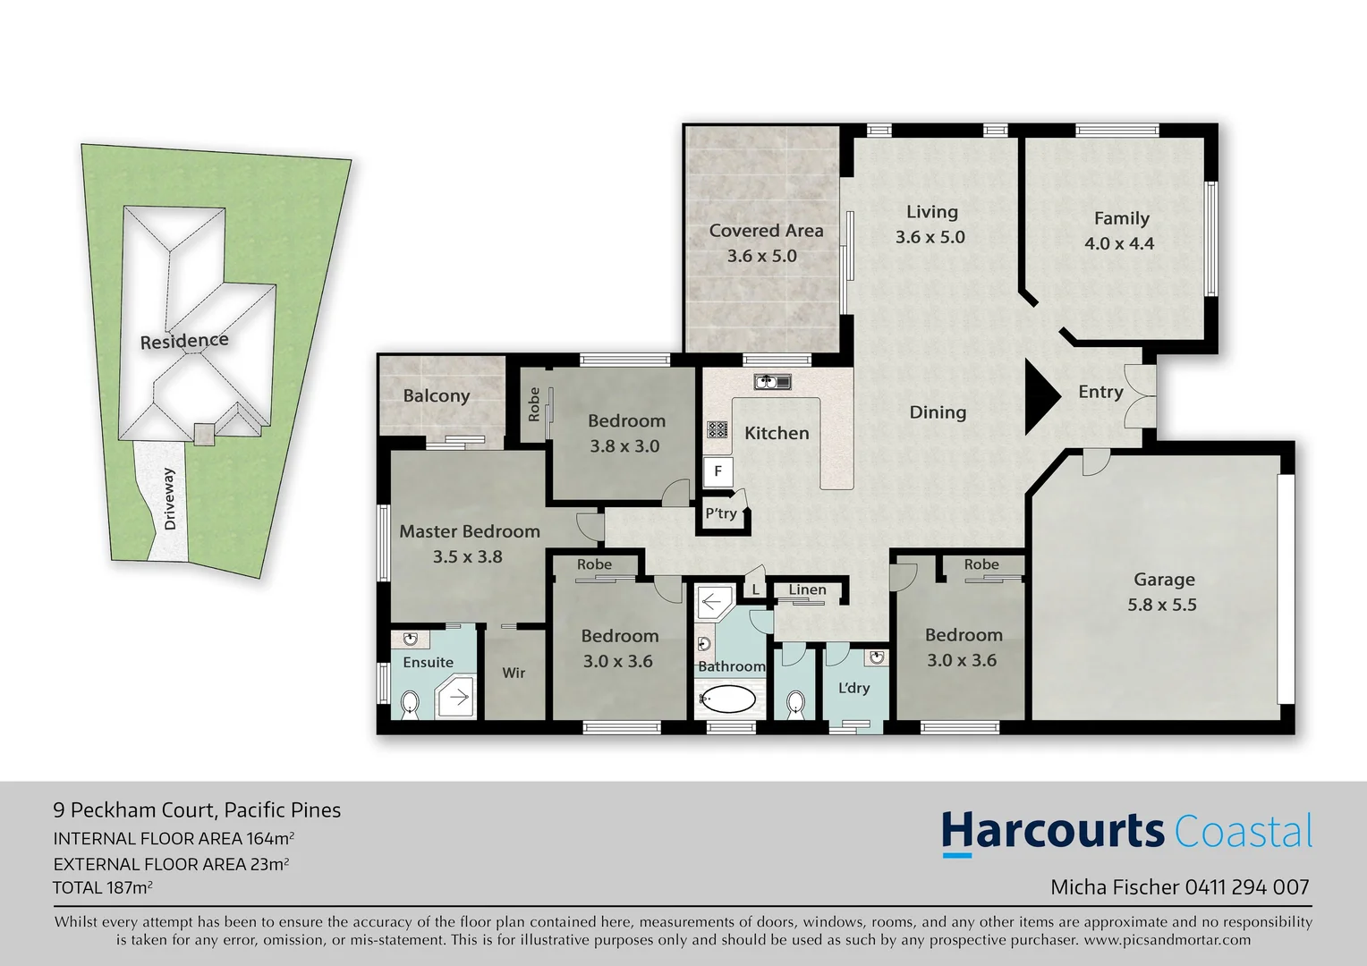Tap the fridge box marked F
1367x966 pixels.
pos(717,471)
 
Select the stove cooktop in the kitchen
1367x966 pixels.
pos(717,429)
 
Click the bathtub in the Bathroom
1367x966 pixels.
pos(727,699)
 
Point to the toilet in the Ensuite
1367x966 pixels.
pos(410,704)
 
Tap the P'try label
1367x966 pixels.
pos(721,513)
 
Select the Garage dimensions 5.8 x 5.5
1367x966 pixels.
pos(1162,605)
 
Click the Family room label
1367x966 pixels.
pos(1121,218)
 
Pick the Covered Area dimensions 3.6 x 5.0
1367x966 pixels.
pos(761,256)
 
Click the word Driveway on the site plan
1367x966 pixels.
pos(170,499)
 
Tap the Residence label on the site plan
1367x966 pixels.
pos(184,341)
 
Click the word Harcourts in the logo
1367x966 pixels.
pos(1052,831)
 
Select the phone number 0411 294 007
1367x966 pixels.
pos(1247,887)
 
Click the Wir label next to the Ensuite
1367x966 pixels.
pos(514,673)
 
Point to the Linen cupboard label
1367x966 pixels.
pos(807,589)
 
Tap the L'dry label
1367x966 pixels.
pos(853,688)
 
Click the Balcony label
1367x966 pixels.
pos(436,396)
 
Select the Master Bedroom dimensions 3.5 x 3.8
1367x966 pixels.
pos(467,556)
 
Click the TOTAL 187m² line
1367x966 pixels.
pos(102,888)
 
